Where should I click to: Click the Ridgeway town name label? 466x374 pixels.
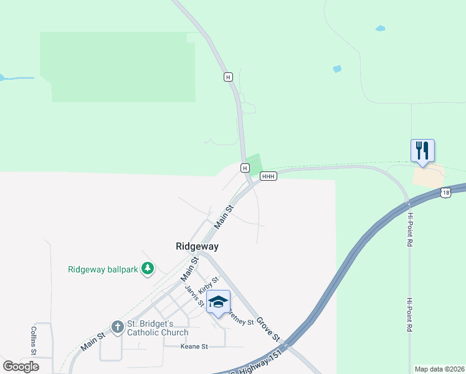[197, 247]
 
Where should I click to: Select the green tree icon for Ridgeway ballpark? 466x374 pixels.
[148, 269]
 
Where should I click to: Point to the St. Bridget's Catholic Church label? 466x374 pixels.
[158, 328]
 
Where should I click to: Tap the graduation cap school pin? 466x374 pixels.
[218, 303]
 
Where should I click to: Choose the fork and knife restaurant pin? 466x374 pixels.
[422, 151]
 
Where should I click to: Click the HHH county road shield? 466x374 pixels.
[269, 176]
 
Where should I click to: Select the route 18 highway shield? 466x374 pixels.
[445, 193]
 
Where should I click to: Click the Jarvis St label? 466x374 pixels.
[196, 295]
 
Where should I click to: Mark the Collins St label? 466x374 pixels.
[35, 340]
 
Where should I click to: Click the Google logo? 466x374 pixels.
[21, 367]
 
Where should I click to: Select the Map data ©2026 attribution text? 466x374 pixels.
[439, 369]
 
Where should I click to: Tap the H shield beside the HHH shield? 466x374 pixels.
[245, 168]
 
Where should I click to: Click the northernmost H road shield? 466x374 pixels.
[228, 77]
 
